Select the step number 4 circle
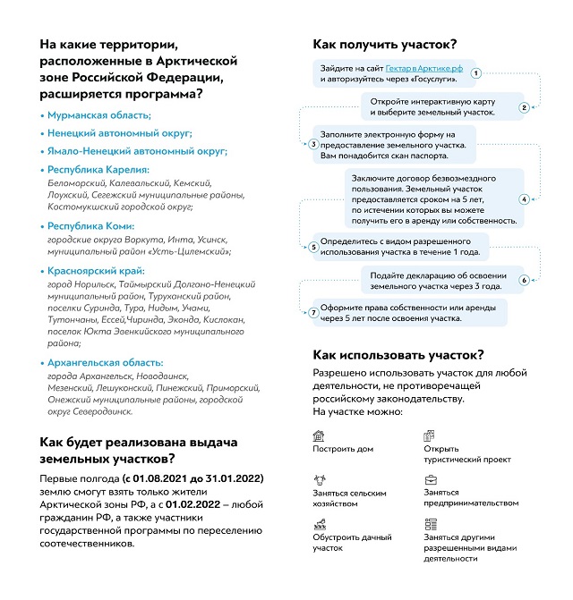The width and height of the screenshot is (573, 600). (x=525, y=199)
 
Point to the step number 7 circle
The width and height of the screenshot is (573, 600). (x=312, y=313)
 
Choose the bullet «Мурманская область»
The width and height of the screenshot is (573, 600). (x=99, y=115)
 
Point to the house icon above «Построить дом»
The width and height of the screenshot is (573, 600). (x=319, y=435)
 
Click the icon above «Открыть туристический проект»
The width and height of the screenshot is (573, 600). (x=430, y=435)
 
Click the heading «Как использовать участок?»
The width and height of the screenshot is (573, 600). (x=398, y=355)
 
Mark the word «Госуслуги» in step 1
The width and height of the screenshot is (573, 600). (x=424, y=80)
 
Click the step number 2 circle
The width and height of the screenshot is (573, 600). (x=525, y=107)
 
